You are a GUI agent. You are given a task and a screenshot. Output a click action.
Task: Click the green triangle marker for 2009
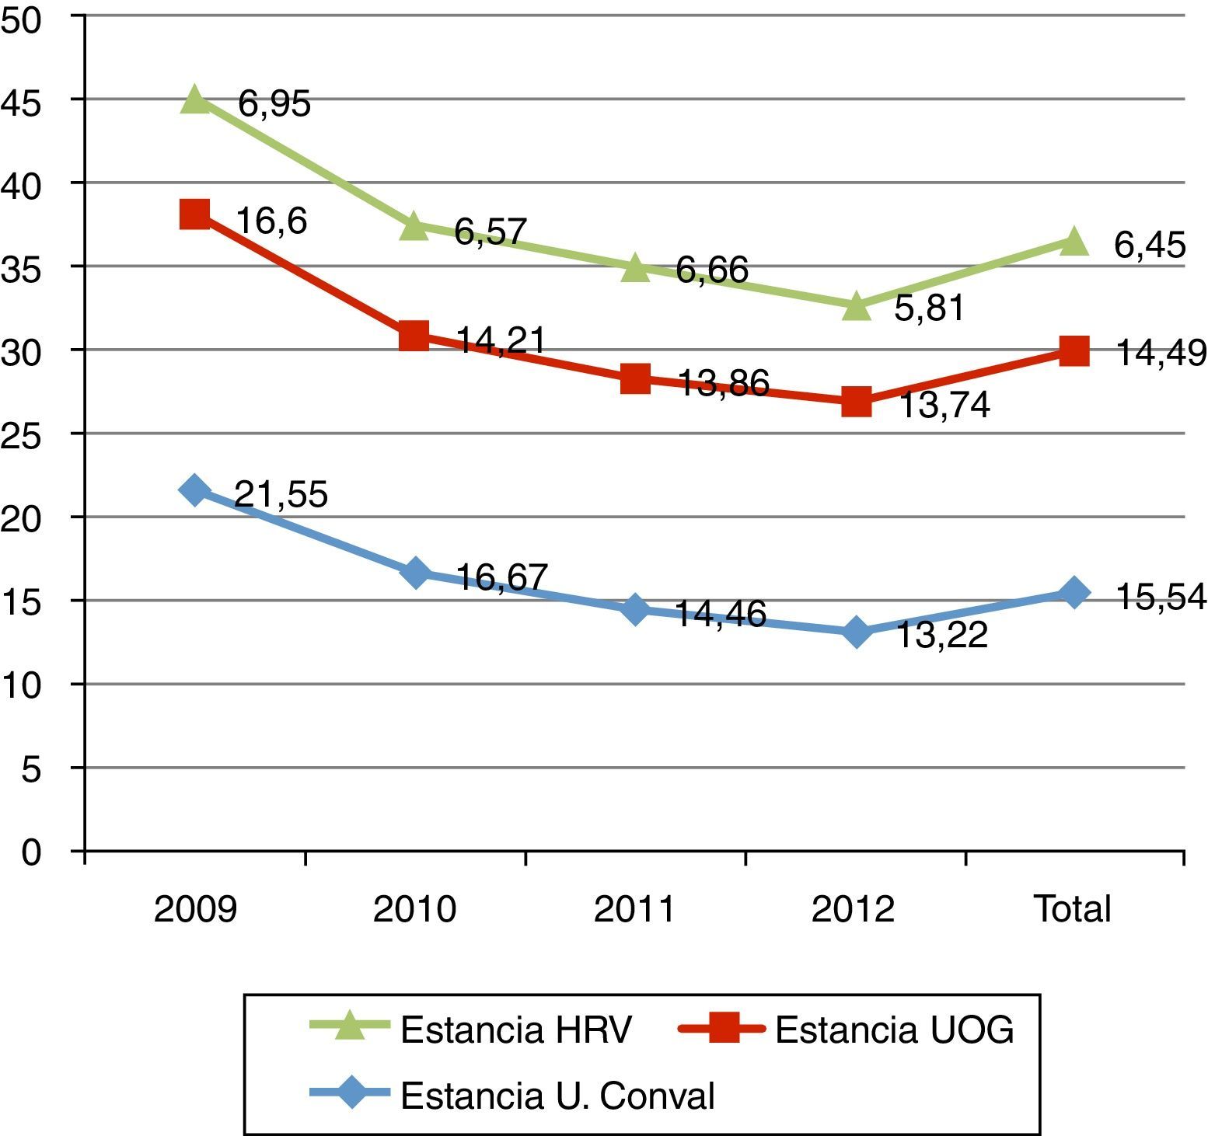194,100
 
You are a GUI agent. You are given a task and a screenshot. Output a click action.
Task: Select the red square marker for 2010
414,336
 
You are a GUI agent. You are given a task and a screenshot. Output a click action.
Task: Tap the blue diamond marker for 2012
856,632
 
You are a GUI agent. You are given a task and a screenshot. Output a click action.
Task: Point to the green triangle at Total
1074,241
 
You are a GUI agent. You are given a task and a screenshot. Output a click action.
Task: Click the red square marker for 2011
635,379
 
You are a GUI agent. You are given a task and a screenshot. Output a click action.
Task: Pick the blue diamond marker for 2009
194,490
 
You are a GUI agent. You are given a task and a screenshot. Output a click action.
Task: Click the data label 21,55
281,495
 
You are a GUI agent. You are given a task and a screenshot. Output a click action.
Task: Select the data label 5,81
930,308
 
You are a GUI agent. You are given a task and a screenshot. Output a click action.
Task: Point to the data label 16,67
502,577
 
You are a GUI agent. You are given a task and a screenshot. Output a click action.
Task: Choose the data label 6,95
274,103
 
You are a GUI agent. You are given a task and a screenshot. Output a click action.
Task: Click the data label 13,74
944,406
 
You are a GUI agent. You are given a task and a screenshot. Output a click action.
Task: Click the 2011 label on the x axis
634,908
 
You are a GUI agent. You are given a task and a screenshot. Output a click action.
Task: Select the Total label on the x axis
1073,908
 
